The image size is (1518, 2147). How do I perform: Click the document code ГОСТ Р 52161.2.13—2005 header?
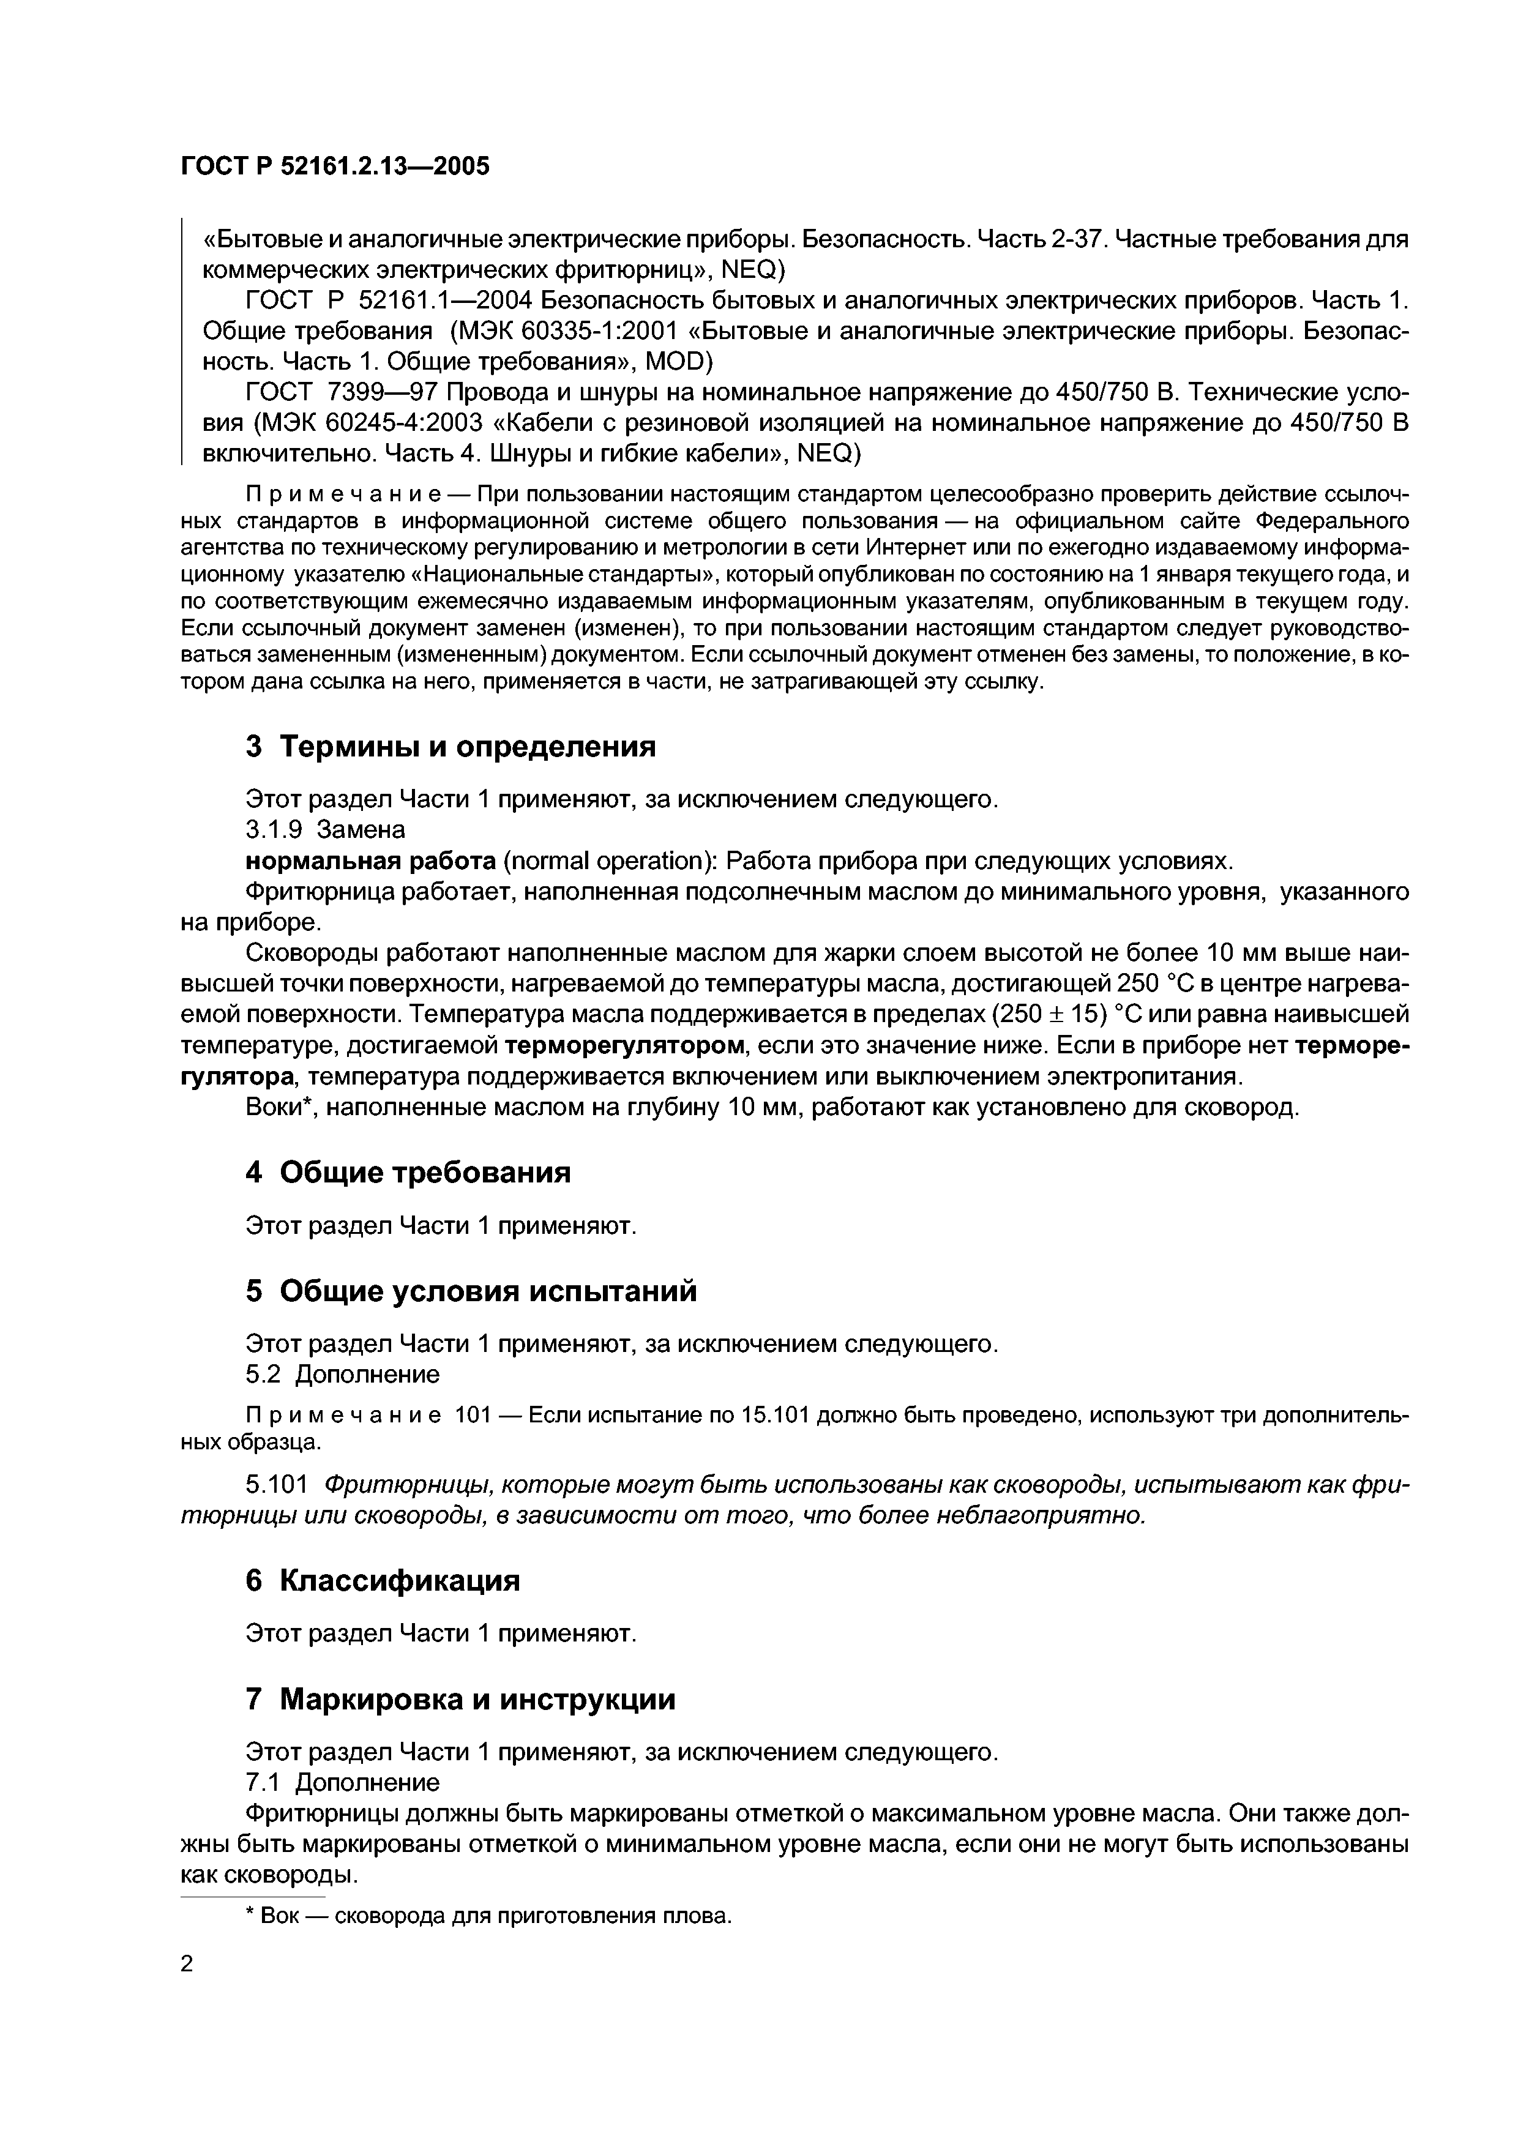[x=334, y=166]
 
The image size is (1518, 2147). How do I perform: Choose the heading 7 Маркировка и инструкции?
[x=460, y=1698]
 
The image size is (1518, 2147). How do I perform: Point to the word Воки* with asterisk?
[x=278, y=1107]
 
